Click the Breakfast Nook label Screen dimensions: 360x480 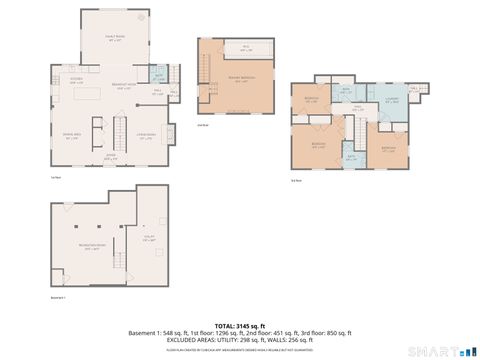(122, 85)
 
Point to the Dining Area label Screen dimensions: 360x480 (71, 137)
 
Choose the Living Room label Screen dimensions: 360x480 (145, 137)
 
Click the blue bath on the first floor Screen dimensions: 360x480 (157, 75)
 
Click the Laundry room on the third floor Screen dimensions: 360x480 (392, 100)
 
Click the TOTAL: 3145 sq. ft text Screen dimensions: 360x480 (239, 325)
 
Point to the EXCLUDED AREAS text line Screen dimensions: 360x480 (240, 339)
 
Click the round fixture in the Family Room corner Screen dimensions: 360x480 (140, 17)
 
